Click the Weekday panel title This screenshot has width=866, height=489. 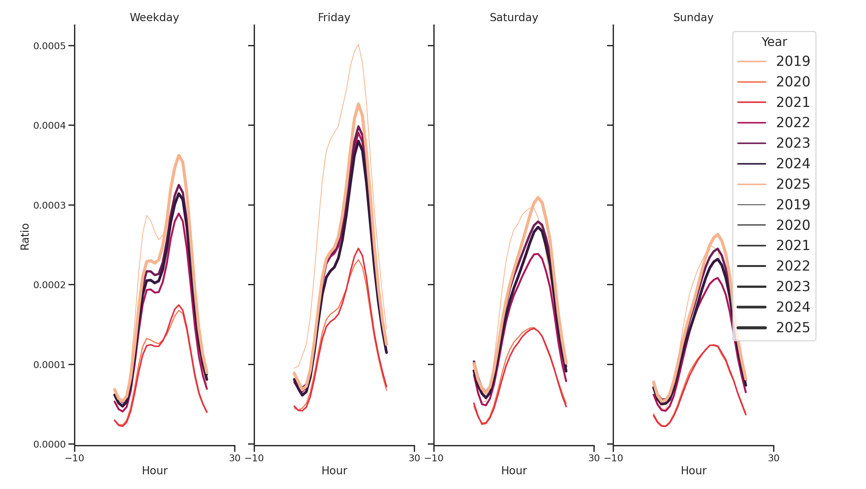click(x=154, y=18)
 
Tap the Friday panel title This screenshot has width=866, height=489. click(x=334, y=18)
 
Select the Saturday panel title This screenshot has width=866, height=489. click(x=513, y=18)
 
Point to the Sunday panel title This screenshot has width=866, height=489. click(x=693, y=18)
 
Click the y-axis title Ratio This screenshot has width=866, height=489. click(x=25, y=237)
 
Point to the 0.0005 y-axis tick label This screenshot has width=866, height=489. click(x=50, y=46)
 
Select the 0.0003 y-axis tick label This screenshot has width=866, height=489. click(x=50, y=205)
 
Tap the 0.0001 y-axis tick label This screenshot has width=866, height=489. click(x=50, y=365)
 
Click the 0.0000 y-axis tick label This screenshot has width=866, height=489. click(x=50, y=444)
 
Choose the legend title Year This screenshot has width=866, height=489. click(x=774, y=42)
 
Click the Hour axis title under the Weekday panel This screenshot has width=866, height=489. click(x=154, y=470)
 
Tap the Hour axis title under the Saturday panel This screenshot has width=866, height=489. click(x=514, y=470)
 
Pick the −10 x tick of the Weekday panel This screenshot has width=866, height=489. click(x=75, y=458)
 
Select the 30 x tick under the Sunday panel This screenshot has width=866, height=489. click(x=773, y=458)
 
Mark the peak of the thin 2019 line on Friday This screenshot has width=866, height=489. click(x=358, y=44)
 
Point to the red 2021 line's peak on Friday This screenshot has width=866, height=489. click(x=358, y=249)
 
